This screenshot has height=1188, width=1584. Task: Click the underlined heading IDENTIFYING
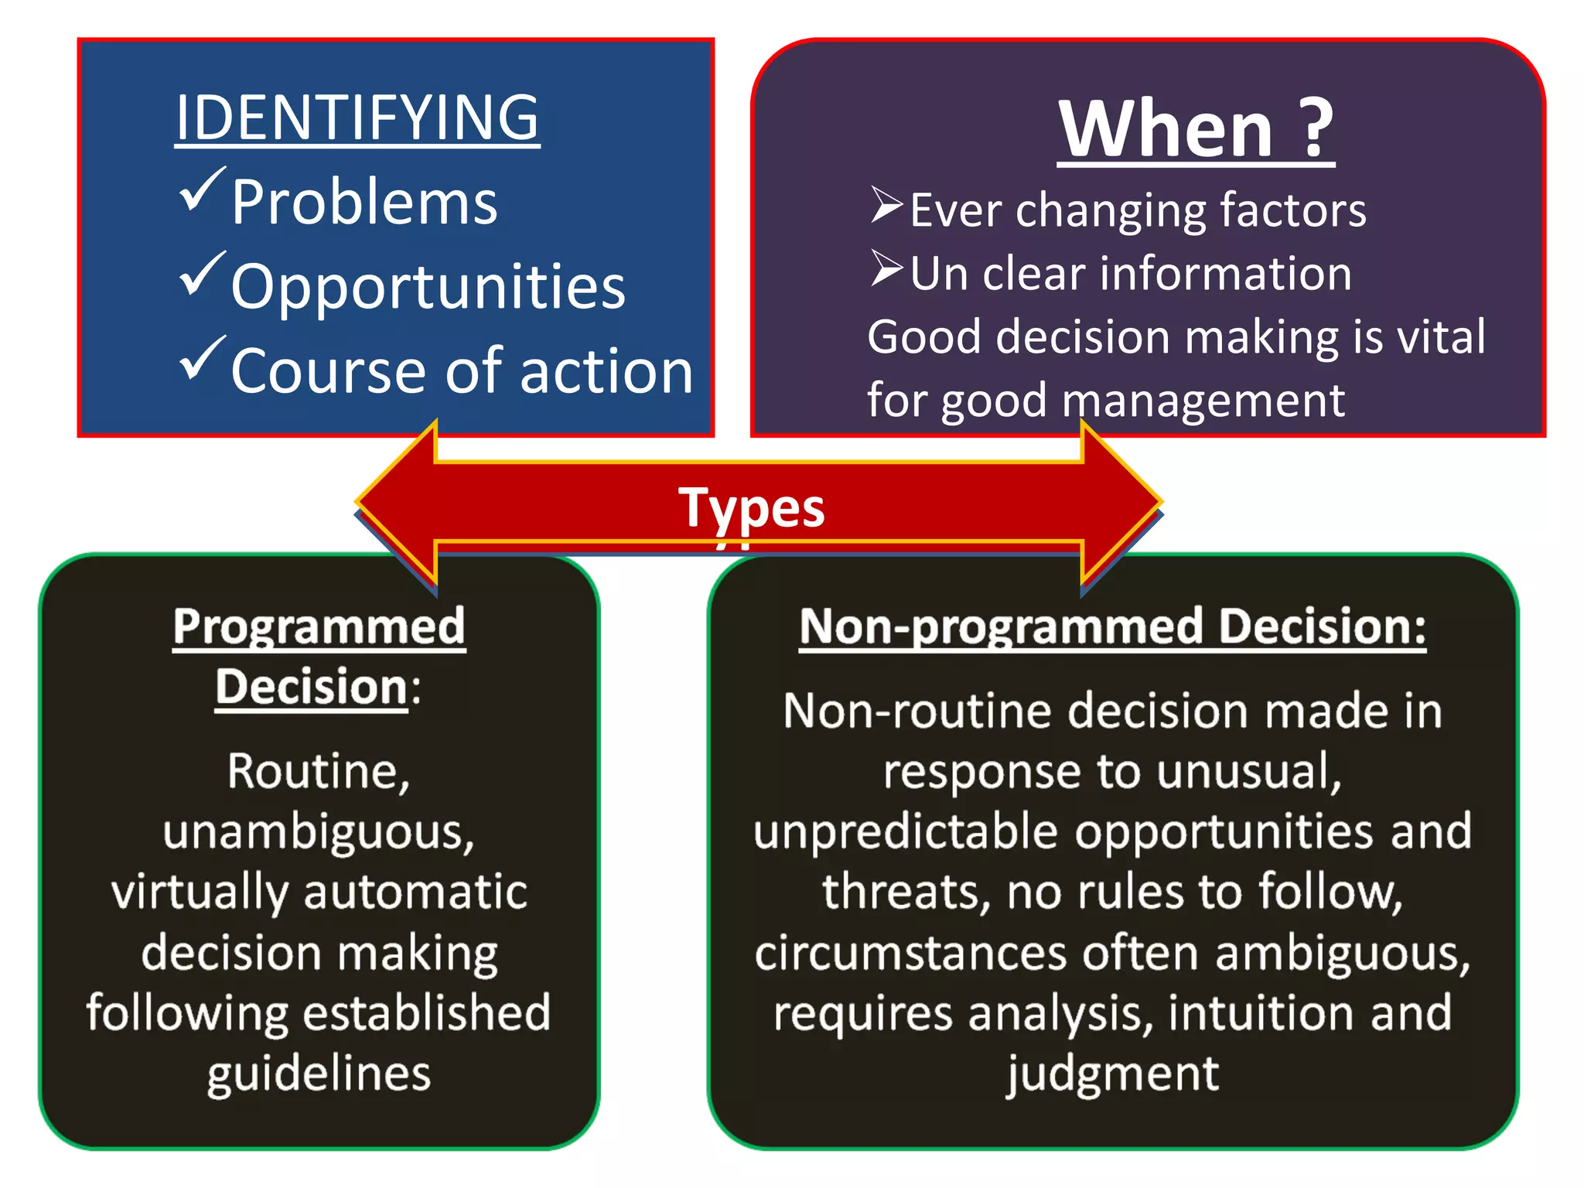pos(357,118)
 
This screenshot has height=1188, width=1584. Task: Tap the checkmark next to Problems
pos(202,190)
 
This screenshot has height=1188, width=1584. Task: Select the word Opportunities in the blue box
pos(428,286)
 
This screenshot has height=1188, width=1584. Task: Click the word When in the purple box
pos(1166,129)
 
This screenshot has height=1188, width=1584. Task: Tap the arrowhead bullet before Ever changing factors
pos(886,205)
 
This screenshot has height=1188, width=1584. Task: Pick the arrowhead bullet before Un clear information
pos(886,268)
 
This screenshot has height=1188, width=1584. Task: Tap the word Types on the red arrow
pos(751,508)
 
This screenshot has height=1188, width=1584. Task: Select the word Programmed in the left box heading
pos(319,626)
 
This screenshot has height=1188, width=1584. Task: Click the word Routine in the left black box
pos(312,771)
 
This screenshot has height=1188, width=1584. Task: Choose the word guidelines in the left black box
pos(319,1074)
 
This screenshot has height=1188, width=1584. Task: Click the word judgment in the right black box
pos(1112,1074)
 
